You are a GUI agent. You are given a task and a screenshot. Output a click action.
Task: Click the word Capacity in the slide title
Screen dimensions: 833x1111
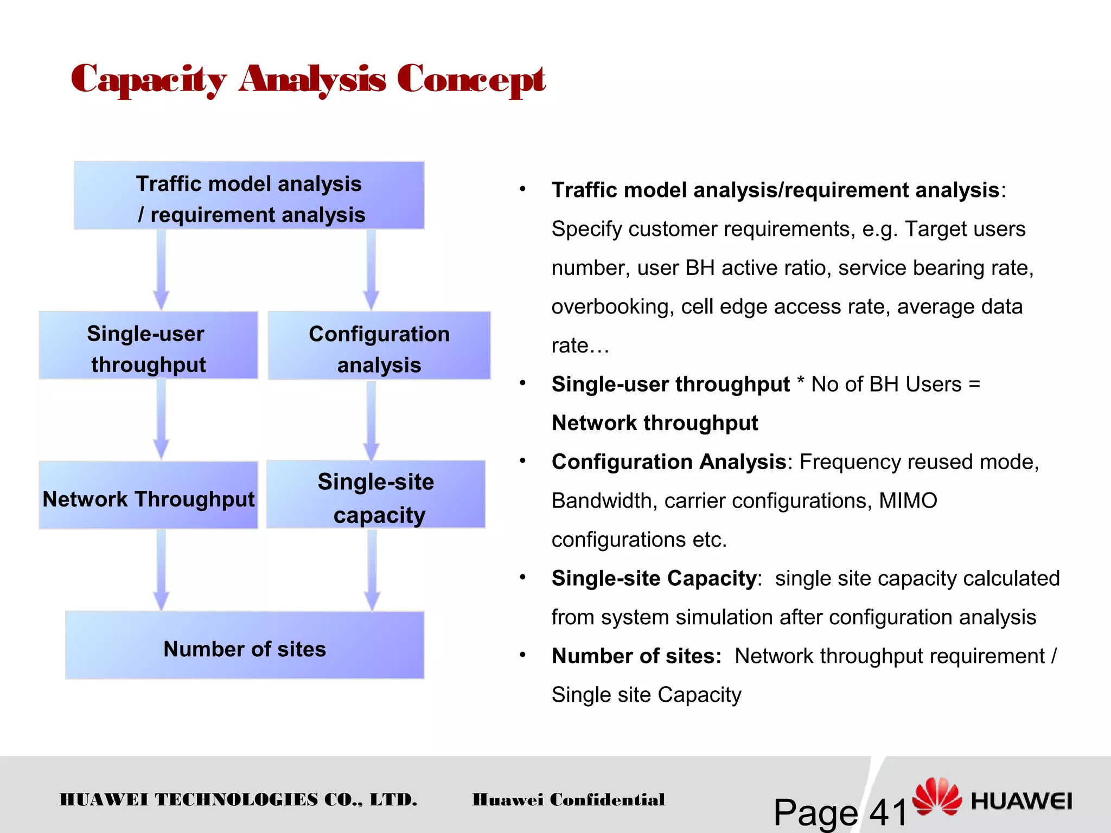pos(148,80)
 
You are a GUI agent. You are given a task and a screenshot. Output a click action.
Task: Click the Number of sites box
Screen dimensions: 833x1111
pos(245,646)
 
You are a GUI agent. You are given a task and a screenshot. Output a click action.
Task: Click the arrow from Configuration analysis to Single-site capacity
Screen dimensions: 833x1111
pos(371,421)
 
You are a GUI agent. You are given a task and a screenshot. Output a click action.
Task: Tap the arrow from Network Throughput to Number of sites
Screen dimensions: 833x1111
pos(161,570)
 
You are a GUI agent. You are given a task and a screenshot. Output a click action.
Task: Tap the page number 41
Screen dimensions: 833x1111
pos(888,812)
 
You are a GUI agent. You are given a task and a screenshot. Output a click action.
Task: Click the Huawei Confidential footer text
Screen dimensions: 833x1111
pos(568,800)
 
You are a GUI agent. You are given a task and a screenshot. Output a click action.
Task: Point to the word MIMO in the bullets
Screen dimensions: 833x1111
pos(908,501)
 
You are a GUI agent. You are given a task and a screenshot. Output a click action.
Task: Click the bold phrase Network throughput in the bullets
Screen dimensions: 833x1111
pos(655,423)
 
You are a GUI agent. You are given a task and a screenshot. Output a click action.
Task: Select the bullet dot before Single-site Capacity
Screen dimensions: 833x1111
pos(522,577)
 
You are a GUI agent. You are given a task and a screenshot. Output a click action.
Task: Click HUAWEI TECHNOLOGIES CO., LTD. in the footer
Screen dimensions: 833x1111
pos(238,800)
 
